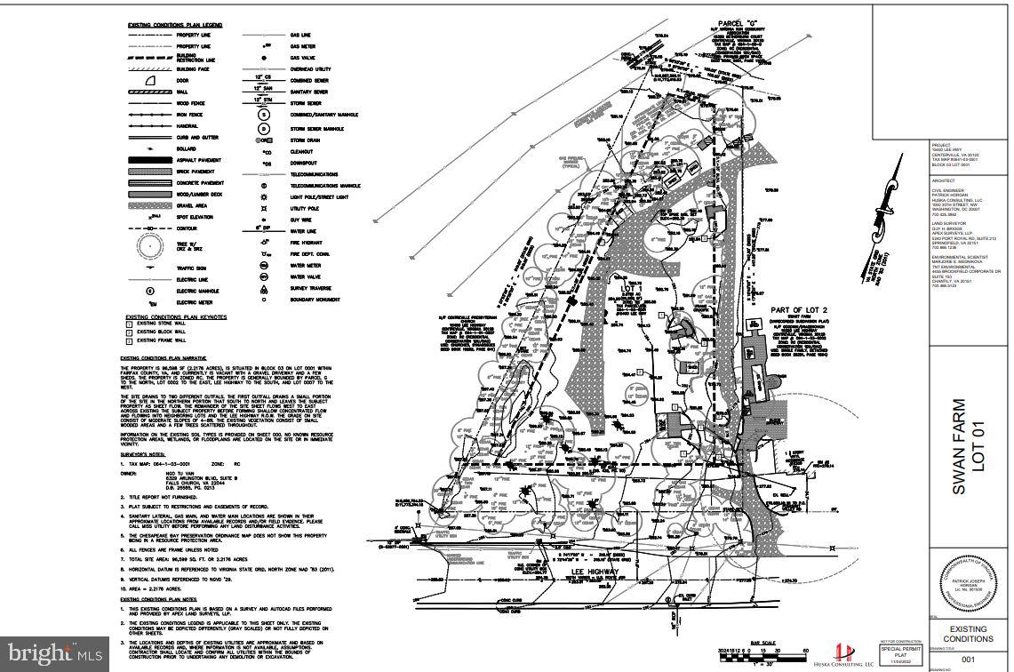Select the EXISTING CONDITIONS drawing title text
tap(968, 634)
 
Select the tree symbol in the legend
tap(149, 244)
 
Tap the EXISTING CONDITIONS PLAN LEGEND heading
tap(173, 24)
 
